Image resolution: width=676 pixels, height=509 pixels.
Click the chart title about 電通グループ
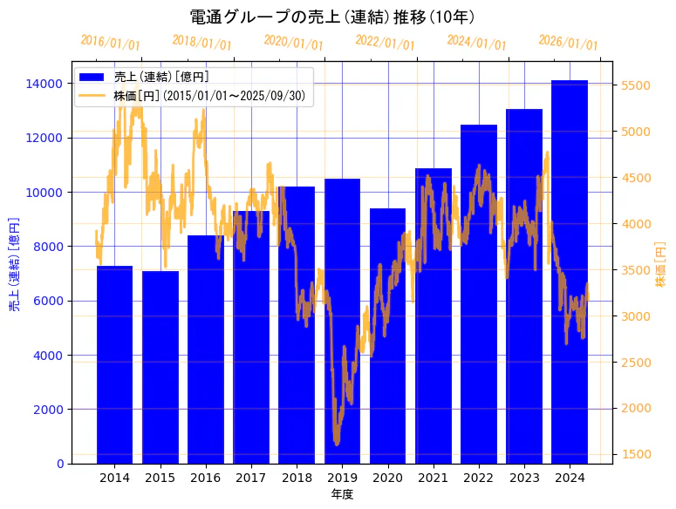(332, 17)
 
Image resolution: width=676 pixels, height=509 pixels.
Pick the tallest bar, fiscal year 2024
(570, 271)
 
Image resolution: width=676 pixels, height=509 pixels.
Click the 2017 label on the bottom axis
(251, 478)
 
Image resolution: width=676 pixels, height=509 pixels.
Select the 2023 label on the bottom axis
(524, 478)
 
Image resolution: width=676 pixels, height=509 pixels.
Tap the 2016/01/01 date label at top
(110, 43)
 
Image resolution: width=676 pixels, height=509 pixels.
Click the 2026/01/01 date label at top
(568, 43)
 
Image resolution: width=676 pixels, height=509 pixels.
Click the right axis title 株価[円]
(660, 265)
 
